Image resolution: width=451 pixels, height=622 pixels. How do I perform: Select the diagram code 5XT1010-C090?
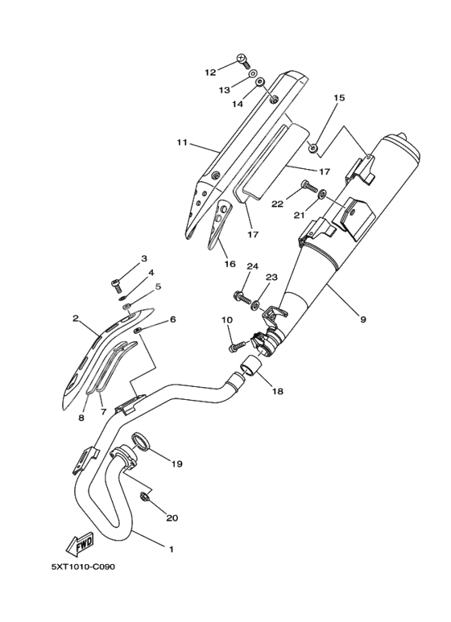83,566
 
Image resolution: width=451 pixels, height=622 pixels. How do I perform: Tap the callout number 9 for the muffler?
363,319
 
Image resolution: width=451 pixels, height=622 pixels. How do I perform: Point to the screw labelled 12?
244,60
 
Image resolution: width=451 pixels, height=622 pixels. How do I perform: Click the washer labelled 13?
252,74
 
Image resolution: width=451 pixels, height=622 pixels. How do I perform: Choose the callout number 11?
182,142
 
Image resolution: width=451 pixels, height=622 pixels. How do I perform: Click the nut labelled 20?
144,496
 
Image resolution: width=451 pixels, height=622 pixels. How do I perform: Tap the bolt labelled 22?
309,185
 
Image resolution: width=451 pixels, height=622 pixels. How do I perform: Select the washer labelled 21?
323,194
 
